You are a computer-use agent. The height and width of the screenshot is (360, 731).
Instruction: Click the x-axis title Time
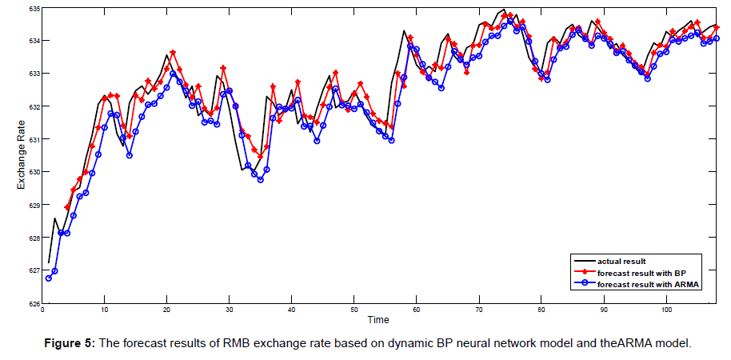(x=378, y=320)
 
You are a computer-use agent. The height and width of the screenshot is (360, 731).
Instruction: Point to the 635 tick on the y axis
(x=33, y=8)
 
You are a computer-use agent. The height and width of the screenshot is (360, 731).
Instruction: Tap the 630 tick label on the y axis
(x=33, y=172)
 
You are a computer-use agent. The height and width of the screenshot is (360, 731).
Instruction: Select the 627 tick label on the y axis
(x=33, y=270)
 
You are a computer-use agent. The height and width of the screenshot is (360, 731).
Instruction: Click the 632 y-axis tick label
(x=33, y=106)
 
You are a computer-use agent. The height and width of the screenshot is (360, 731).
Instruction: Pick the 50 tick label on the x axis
(x=354, y=310)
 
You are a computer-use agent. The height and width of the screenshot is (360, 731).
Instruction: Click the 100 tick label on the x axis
(x=665, y=310)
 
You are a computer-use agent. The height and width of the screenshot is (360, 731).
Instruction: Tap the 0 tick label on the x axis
(x=42, y=310)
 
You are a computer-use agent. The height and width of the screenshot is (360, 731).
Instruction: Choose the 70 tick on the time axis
(x=478, y=310)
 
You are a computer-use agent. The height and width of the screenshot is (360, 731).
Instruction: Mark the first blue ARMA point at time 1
(x=49, y=278)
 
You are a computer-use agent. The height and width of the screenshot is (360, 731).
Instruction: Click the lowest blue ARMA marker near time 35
(x=260, y=179)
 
